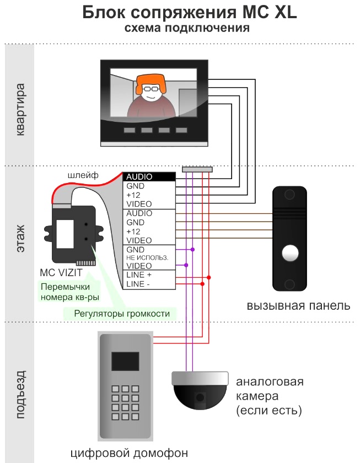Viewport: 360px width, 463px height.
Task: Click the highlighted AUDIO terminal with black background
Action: (x=149, y=176)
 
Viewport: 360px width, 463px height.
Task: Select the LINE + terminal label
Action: (x=139, y=274)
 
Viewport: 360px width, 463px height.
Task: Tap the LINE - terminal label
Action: (x=138, y=284)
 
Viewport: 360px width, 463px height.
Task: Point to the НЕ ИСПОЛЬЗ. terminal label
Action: (x=147, y=257)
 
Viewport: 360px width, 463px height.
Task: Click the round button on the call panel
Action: (x=290, y=253)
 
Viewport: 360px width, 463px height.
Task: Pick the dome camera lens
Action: (x=200, y=397)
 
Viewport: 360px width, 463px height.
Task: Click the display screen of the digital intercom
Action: (x=125, y=361)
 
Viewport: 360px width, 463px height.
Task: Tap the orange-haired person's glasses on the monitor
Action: (x=151, y=88)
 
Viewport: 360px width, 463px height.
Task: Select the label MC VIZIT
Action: (x=61, y=272)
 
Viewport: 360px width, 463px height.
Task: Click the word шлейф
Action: (x=83, y=175)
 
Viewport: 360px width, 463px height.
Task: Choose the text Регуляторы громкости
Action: (x=122, y=313)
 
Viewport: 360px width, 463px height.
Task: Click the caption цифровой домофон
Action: (x=129, y=453)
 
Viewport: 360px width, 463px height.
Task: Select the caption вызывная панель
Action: (x=298, y=305)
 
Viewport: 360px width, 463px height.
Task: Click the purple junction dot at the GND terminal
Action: (x=192, y=250)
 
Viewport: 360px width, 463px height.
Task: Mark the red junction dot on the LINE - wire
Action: (x=202, y=284)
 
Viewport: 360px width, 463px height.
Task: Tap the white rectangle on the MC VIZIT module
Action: (x=65, y=234)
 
